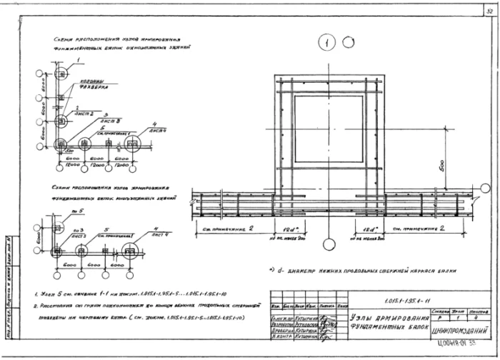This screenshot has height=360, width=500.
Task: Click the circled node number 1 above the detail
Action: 328,43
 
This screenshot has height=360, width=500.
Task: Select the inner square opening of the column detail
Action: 329,129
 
